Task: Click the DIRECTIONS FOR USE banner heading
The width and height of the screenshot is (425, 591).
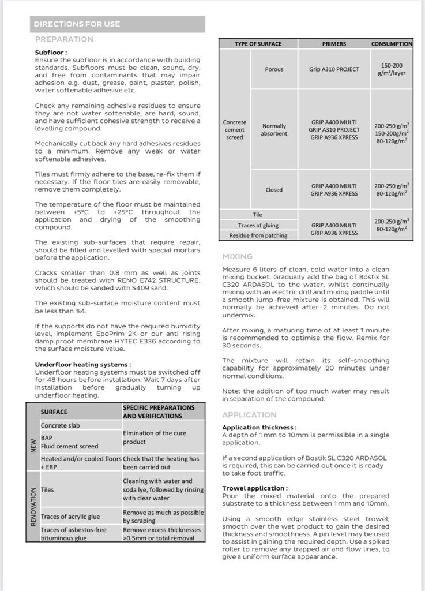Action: tap(77, 24)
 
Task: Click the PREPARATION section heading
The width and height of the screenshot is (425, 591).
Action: tap(64, 39)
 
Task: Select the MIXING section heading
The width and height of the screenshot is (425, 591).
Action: tap(238, 256)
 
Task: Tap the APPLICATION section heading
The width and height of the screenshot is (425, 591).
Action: tap(250, 415)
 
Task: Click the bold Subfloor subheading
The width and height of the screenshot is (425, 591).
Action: tap(51, 53)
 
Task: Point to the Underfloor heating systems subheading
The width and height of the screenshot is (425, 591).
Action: tap(82, 365)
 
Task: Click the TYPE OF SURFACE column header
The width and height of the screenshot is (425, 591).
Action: tap(258, 44)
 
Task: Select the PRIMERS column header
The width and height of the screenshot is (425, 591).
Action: tap(334, 44)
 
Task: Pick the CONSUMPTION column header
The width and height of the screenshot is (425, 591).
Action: tap(392, 44)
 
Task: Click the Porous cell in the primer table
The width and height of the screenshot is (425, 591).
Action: tap(274, 69)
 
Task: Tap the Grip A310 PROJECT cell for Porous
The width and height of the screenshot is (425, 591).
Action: tap(334, 69)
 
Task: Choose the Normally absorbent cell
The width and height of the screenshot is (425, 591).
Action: tap(274, 130)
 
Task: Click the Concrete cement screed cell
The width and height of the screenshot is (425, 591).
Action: tap(235, 130)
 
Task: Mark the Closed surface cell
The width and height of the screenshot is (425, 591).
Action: tap(274, 190)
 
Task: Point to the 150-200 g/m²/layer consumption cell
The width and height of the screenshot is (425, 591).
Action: tap(392, 70)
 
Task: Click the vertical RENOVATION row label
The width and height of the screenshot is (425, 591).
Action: tap(33, 507)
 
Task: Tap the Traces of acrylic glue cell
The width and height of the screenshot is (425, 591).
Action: tap(70, 517)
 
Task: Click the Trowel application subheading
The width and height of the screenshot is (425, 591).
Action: tap(255, 488)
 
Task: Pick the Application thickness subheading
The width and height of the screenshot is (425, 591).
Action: tap(259, 428)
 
